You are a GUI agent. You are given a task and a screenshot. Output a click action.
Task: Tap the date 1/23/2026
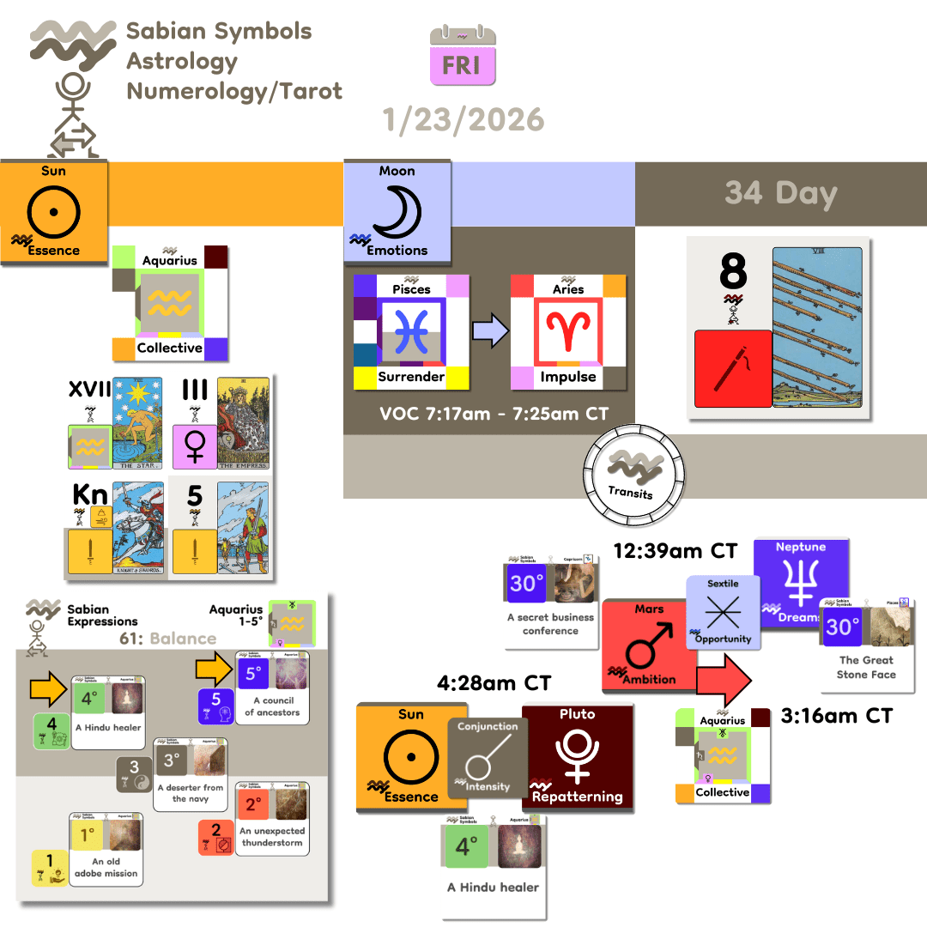464,119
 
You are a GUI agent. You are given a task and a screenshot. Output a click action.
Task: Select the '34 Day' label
780,192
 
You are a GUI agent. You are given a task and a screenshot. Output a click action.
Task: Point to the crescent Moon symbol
397,209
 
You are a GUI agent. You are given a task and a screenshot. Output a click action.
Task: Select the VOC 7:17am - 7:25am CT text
494,414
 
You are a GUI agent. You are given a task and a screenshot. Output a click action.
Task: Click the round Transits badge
631,474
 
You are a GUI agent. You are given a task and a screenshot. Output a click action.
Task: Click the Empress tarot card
245,425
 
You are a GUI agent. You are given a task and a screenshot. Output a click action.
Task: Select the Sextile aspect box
722,611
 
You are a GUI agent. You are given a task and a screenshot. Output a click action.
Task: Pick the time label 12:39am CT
675,550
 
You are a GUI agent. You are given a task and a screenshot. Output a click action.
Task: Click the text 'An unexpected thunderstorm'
273,836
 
